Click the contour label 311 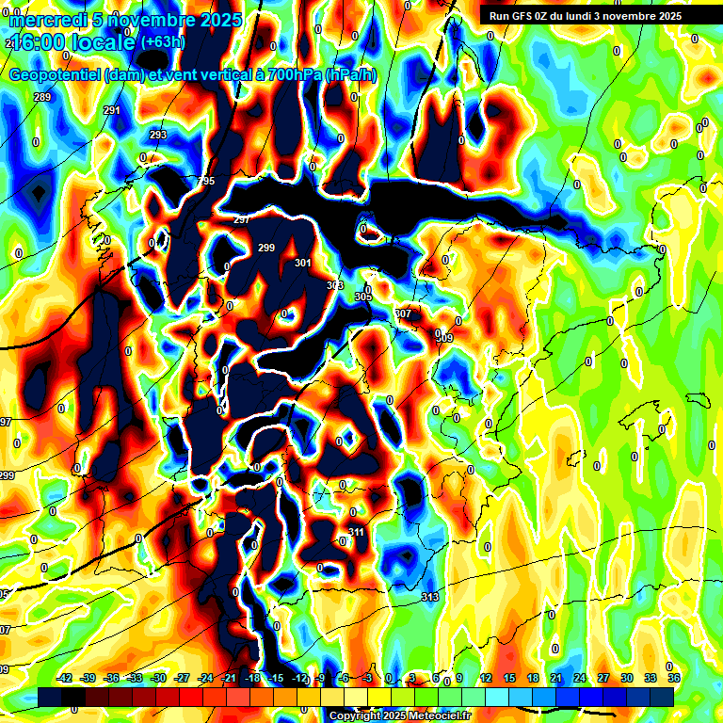tap(356, 532)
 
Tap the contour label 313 tap(430, 597)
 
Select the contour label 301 tap(302, 263)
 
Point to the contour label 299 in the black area tap(265, 248)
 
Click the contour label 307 tap(403, 313)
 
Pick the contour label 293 tap(158, 135)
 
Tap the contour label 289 tap(41, 97)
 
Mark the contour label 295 tap(206, 181)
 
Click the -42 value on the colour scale tap(65, 678)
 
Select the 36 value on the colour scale tap(674, 678)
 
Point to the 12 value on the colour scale tap(486, 678)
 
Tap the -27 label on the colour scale tap(183, 678)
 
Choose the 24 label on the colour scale tap(580, 678)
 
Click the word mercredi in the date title tap(45, 20)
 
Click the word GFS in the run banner tap(523, 16)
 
